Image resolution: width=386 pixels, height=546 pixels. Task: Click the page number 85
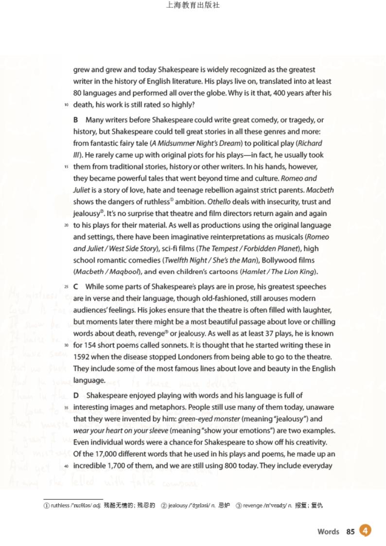(351, 531)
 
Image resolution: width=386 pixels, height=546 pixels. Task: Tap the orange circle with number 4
(365, 530)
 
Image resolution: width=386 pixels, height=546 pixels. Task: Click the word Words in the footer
(328, 531)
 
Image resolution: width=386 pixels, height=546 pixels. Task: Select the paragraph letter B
(76, 120)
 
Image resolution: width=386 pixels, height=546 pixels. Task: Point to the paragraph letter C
(76, 287)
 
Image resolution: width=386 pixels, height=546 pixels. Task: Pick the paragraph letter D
(76, 395)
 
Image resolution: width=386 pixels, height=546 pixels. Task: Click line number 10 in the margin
(66, 105)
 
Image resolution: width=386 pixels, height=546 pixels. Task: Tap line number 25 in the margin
(66, 287)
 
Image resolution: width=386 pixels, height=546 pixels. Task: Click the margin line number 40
(66, 466)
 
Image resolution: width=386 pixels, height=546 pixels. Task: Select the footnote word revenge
(252, 505)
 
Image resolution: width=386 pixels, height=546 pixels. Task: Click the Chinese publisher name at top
(193, 5)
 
